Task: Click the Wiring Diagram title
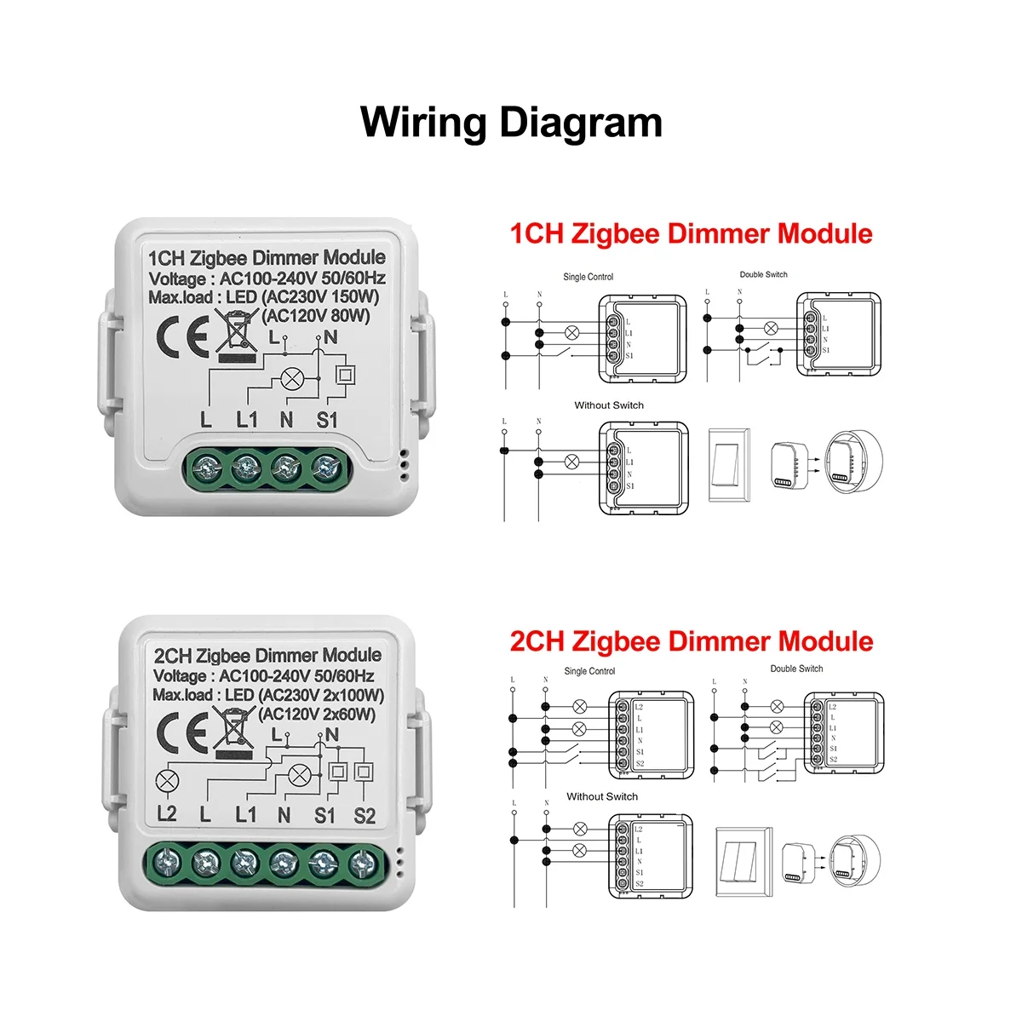tap(511, 123)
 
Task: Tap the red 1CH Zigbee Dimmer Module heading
tap(691, 234)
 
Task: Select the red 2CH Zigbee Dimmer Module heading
tap(691, 641)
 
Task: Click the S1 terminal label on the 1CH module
tap(327, 419)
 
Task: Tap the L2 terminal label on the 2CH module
tap(167, 814)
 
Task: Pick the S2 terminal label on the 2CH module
tap(364, 815)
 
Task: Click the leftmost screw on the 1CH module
tap(206, 466)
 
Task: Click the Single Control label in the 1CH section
tap(588, 277)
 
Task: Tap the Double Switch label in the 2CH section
tap(796, 669)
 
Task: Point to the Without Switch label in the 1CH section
tap(609, 405)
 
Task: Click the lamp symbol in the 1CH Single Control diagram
tap(573, 333)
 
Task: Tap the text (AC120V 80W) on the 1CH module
tap(317, 316)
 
